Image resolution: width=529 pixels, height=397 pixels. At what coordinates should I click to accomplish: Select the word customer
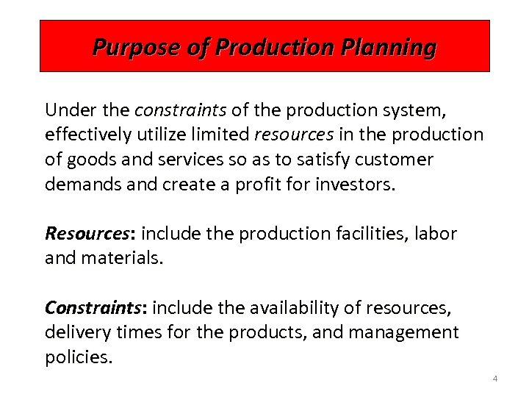(x=397, y=159)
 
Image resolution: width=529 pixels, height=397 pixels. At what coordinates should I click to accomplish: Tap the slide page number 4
(x=494, y=379)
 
